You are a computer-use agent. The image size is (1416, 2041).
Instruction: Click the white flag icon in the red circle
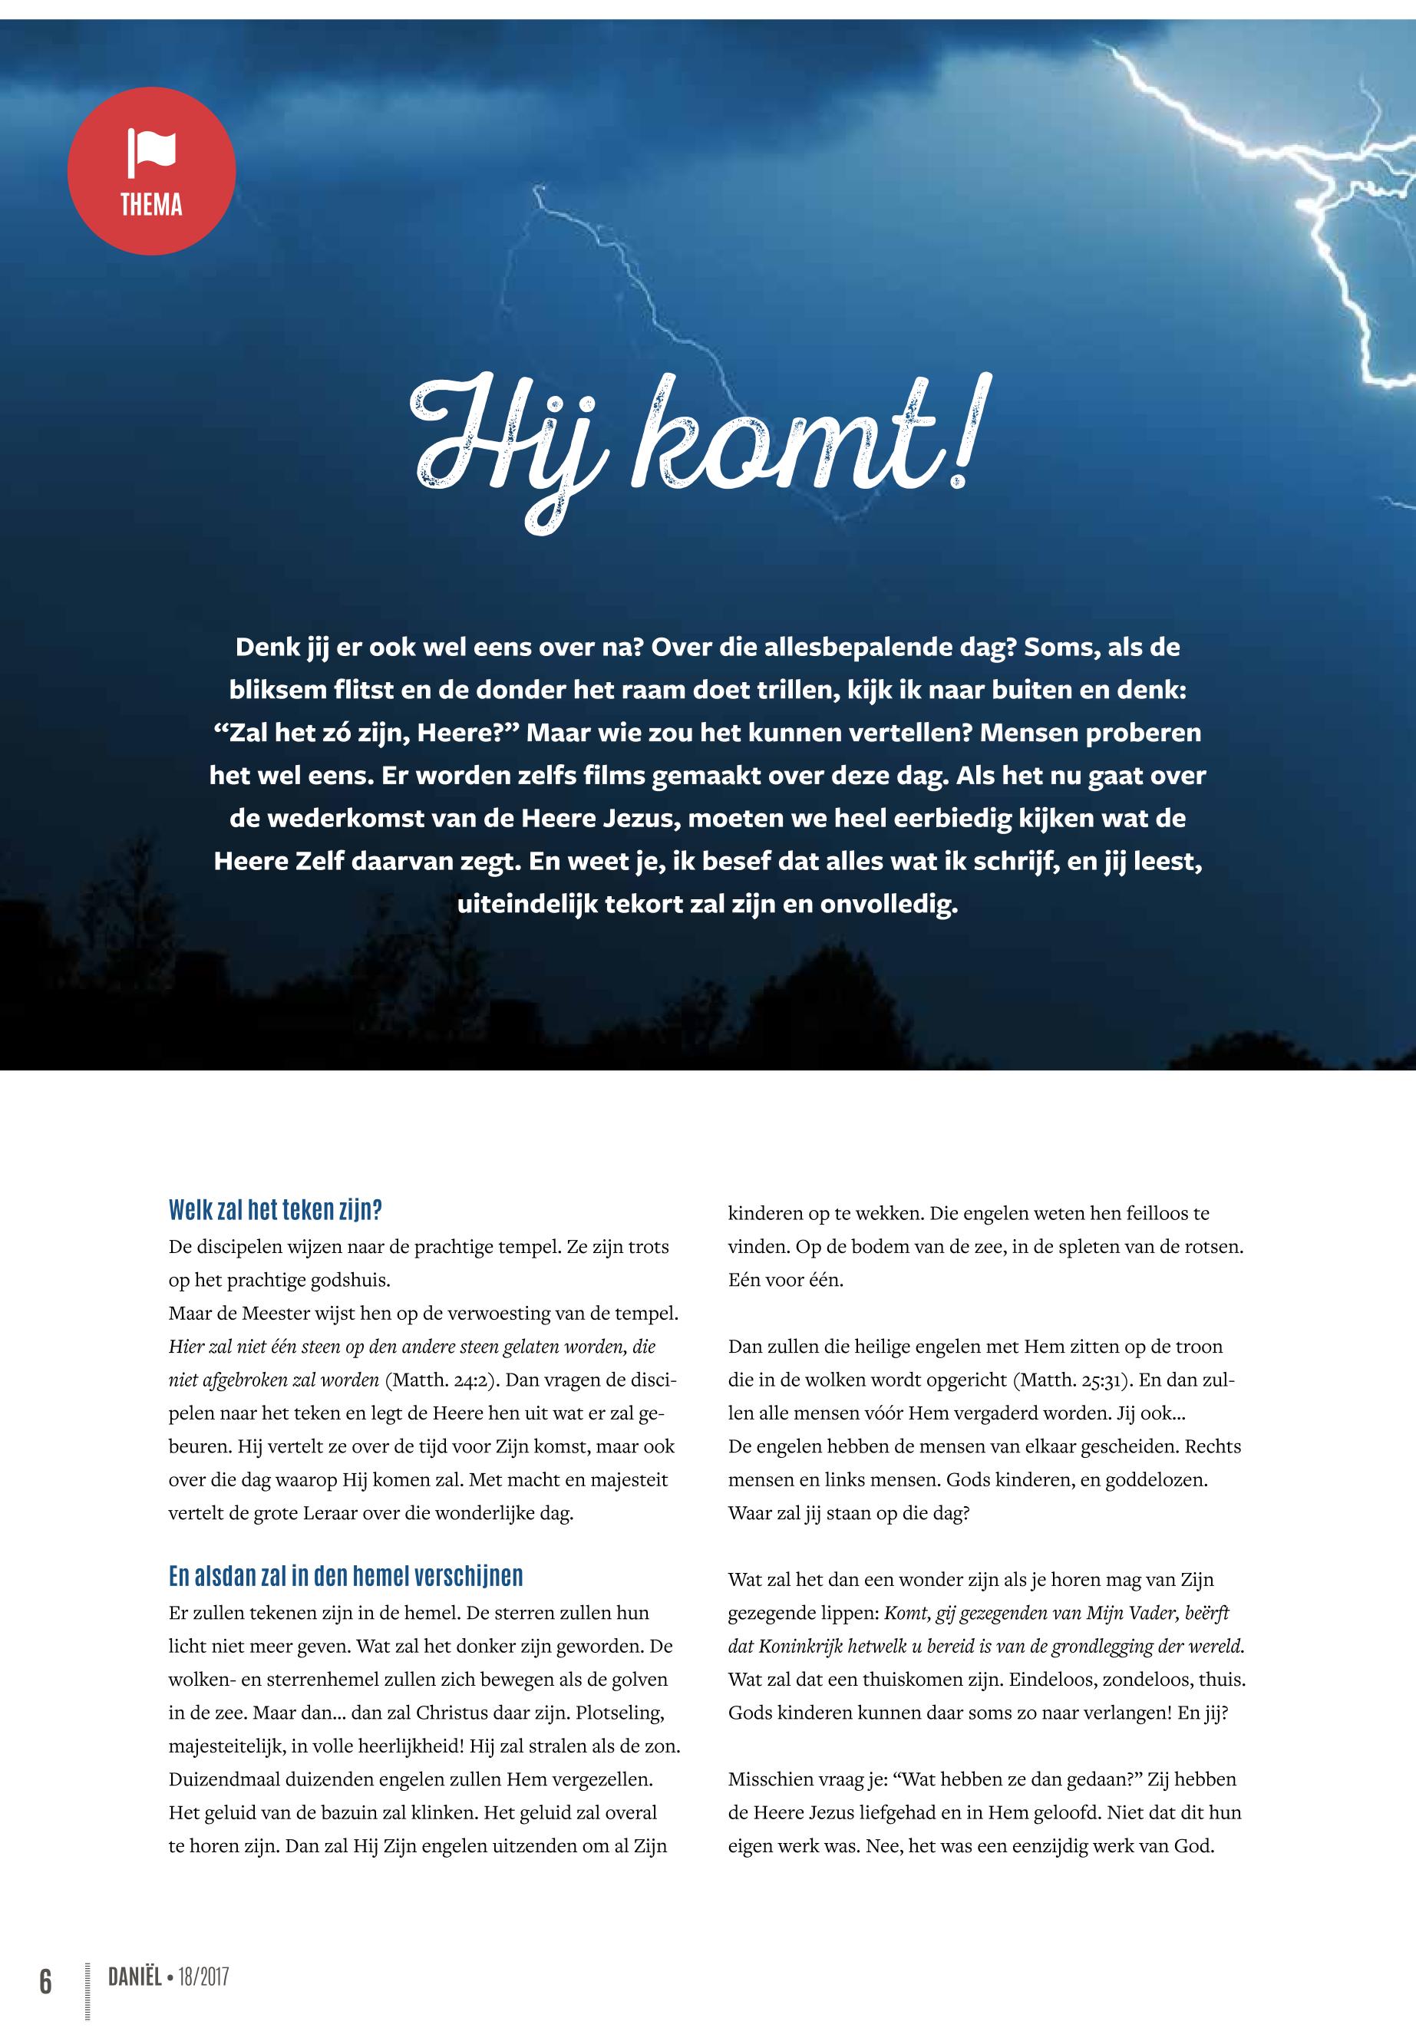(x=152, y=152)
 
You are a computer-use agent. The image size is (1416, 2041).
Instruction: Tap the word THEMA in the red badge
(x=152, y=206)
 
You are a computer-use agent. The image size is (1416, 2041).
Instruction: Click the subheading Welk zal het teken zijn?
(x=275, y=1210)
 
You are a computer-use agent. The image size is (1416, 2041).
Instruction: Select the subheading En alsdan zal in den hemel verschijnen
(x=345, y=1576)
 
